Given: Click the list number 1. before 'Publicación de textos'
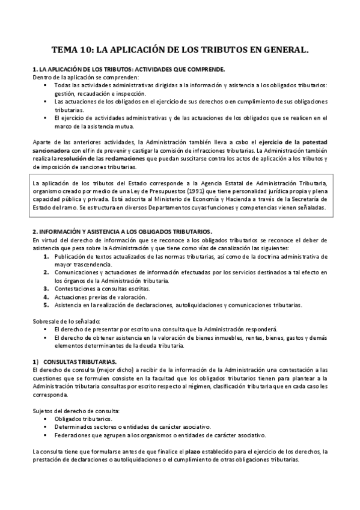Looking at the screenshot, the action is [46, 256].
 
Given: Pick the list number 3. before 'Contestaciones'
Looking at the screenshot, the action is [46, 288].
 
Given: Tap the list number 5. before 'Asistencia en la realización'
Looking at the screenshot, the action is [46, 305].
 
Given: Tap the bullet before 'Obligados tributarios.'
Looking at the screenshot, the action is [46, 419].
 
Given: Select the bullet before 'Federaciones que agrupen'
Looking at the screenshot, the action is [46, 435].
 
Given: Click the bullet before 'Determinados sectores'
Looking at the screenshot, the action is [46, 426].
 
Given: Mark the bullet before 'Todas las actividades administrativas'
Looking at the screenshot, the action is [46, 86].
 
